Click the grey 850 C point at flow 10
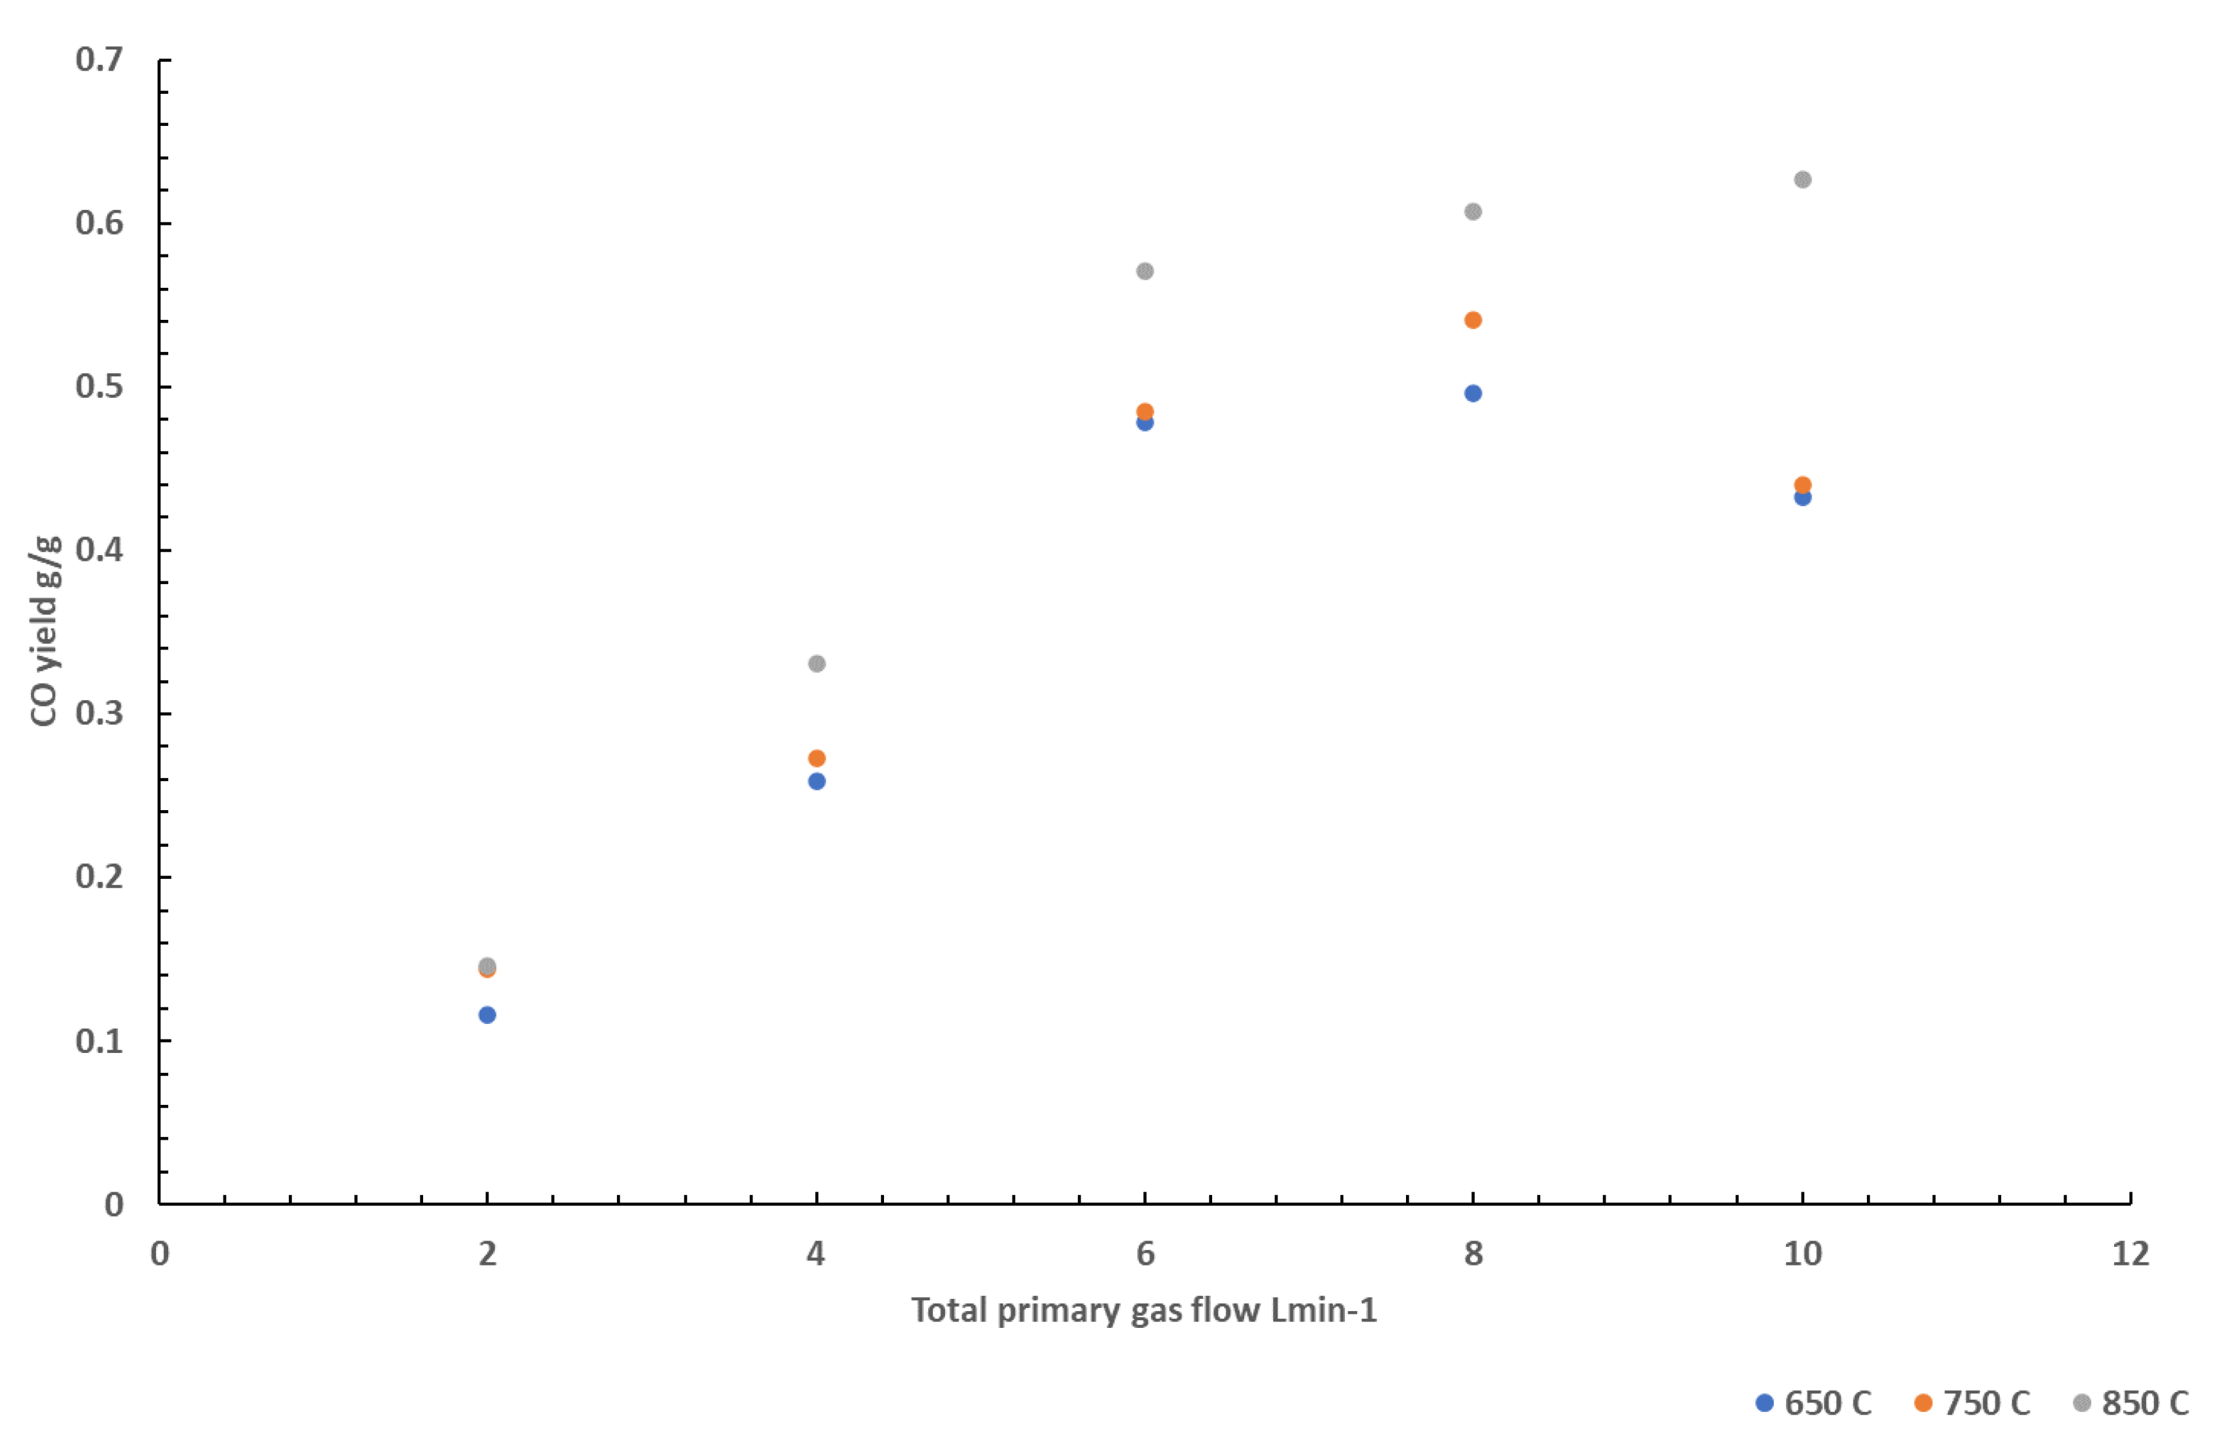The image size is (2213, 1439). point(1802,179)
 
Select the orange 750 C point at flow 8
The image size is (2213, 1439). point(1473,320)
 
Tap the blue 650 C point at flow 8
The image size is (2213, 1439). point(1473,393)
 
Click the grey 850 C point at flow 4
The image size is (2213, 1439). point(817,663)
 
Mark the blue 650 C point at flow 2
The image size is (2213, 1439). point(487,1015)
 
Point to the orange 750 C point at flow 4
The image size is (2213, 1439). point(817,758)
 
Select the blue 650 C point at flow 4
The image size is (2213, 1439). point(817,781)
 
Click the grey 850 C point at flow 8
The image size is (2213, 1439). point(1473,212)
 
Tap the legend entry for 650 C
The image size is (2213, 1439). point(1813,1403)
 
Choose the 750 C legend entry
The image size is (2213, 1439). point(1972,1403)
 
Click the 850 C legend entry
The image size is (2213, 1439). point(2131,1403)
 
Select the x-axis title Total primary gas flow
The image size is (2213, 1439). point(1143,1310)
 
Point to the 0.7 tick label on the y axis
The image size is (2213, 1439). point(99,60)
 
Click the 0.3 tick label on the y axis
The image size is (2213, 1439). point(99,714)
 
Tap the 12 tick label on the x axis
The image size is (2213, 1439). point(2130,1254)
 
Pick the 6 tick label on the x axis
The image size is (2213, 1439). point(1145,1254)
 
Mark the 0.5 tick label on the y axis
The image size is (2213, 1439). point(99,386)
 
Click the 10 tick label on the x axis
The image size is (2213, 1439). point(1802,1254)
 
